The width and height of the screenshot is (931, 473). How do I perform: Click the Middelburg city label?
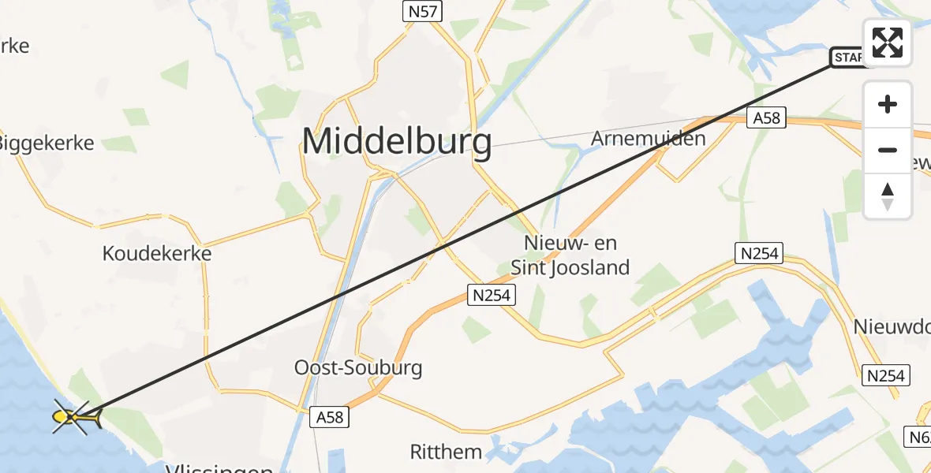click(x=397, y=143)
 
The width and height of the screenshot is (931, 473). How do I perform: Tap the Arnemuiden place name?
click(x=648, y=139)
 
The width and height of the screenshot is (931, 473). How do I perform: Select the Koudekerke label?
click(x=157, y=254)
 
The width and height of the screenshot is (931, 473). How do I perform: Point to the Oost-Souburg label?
click(x=358, y=367)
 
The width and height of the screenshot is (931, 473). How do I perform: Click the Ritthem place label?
click(x=446, y=452)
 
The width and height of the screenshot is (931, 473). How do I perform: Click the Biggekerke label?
click(x=46, y=143)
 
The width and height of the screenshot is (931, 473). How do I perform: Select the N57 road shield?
click(x=423, y=11)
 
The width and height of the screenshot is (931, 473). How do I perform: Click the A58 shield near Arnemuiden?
click(x=766, y=118)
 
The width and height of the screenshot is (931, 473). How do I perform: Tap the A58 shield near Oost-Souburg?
click(x=329, y=416)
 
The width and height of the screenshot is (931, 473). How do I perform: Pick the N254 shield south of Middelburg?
click(x=492, y=295)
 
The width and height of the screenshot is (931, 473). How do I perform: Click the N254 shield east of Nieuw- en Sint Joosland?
click(x=759, y=254)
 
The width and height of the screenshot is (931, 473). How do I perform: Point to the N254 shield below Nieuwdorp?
click(x=885, y=375)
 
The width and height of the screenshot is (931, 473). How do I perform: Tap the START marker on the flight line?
click(x=849, y=58)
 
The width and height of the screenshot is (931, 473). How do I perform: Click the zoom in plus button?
click(x=888, y=104)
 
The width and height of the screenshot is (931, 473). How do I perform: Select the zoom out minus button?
click(x=888, y=150)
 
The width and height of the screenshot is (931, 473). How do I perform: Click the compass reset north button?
click(x=888, y=196)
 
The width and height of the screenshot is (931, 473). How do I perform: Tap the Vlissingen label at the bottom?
click(x=219, y=469)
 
